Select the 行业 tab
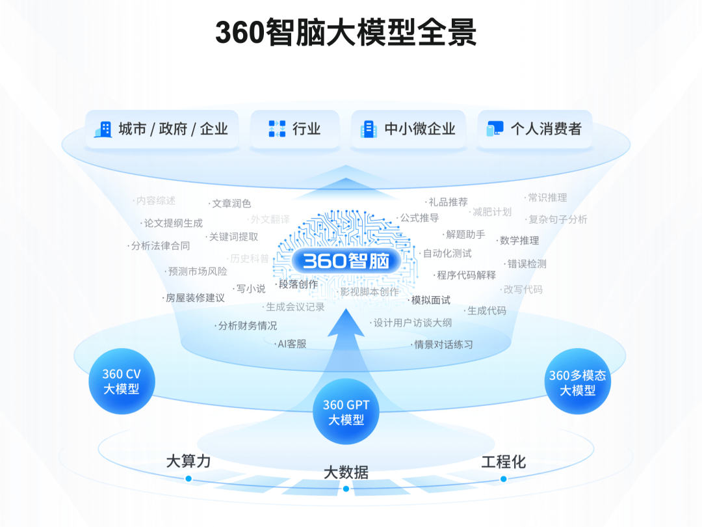pyautogui.click(x=294, y=129)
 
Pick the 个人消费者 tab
pyautogui.click(x=534, y=129)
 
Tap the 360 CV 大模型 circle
pyautogui.click(x=122, y=382)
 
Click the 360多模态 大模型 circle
pyautogui.click(x=577, y=383)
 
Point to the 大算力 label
pyautogui.click(x=188, y=461)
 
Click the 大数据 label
pyautogui.click(x=346, y=472)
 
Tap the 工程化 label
pyautogui.click(x=503, y=462)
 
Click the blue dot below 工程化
pyautogui.click(x=503, y=479)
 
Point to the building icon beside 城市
pyautogui.click(x=103, y=129)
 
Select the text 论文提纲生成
pyautogui.click(x=173, y=223)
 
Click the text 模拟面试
pyautogui.click(x=430, y=300)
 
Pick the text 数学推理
pyautogui.click(x=519, y=240)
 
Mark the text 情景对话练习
pyautogui.click(x=443, y=344)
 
